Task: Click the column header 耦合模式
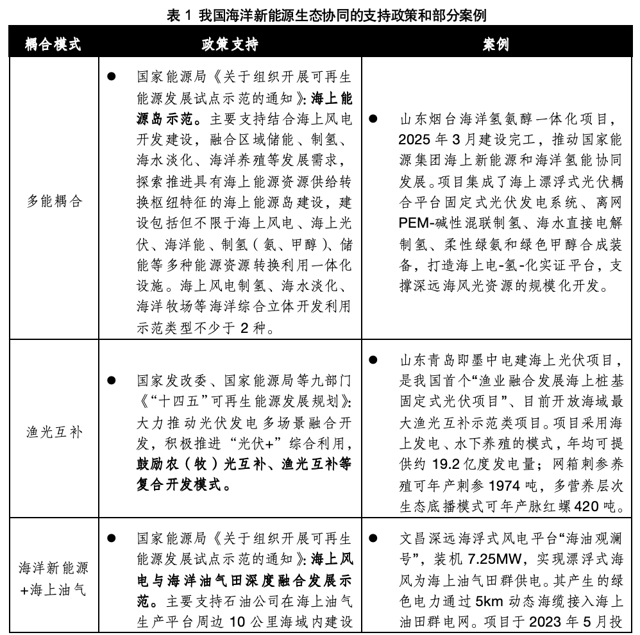[53, 46]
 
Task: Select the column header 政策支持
[230, 46]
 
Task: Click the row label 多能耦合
[54, 201]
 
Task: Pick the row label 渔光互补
[54, 431]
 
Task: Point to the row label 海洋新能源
[54, 568]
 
